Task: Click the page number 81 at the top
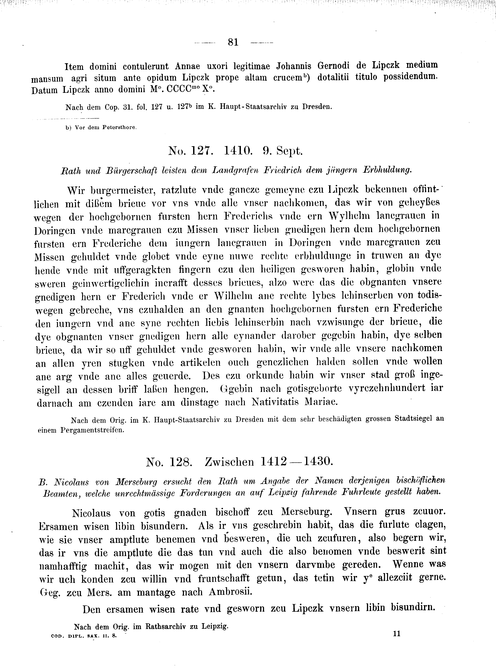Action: tap(233, 42)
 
